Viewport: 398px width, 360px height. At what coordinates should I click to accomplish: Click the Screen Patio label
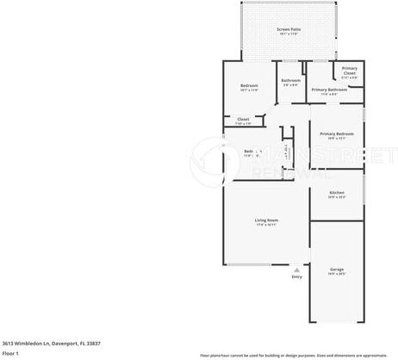point(288,29)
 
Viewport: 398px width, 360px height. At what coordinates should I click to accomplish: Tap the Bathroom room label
point(290,80)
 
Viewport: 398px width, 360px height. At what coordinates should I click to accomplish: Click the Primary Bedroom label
point(336,133)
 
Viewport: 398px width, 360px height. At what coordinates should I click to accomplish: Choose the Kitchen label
point(336,192)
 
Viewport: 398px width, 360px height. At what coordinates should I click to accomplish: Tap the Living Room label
point(266,220)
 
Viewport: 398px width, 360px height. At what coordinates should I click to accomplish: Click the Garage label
point(336,270)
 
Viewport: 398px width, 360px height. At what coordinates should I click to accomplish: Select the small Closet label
point(243,119)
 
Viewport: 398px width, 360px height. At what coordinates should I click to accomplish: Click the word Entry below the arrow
point(296,276)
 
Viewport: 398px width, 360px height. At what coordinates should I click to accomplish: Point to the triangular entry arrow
point(296,268)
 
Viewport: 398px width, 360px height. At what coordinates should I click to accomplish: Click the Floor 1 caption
point(10,352)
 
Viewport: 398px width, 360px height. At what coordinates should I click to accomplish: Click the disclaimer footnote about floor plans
point(293,354)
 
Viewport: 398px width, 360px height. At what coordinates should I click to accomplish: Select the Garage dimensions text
point(336,275)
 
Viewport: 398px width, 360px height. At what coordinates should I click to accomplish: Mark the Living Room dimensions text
point(266,225)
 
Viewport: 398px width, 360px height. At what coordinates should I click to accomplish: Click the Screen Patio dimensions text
point(288,34)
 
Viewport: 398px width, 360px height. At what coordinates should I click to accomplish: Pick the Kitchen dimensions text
point(336,197)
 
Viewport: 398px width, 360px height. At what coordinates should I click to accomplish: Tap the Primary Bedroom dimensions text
point(336,138)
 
